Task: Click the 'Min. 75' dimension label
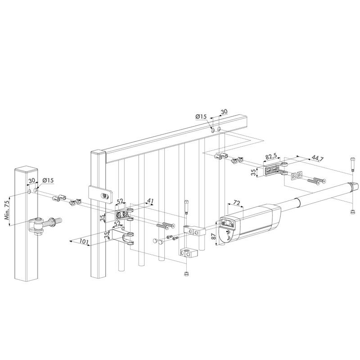[7, 210]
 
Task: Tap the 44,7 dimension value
[318, 158]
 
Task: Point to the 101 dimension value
[84, 242]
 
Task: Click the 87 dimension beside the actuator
[213, 237]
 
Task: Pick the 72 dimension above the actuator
[237, 203]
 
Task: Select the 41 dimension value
[150, 201]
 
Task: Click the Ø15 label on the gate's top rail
[201, 117]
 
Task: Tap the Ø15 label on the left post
[48, 180]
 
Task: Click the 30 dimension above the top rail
[224, 112]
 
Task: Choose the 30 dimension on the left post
[32, 180]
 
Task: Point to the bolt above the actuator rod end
[353, 164]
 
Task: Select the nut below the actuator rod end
[352, 212]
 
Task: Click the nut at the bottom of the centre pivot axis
[186, 274]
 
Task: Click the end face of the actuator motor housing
[227, 222]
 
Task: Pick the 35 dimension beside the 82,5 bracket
[253, 172]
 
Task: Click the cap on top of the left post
[26, 170]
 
